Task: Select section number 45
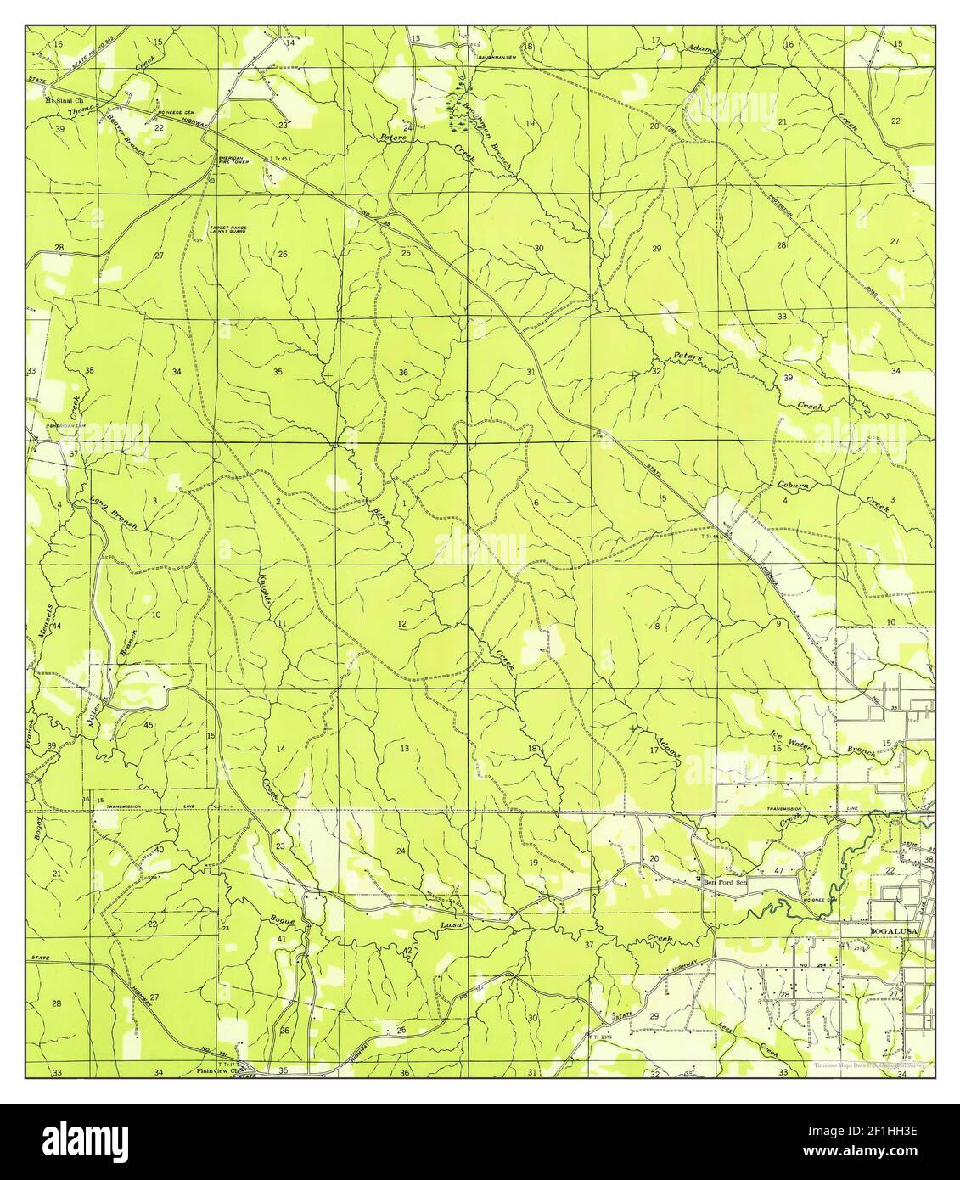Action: [x=149, y=724]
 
